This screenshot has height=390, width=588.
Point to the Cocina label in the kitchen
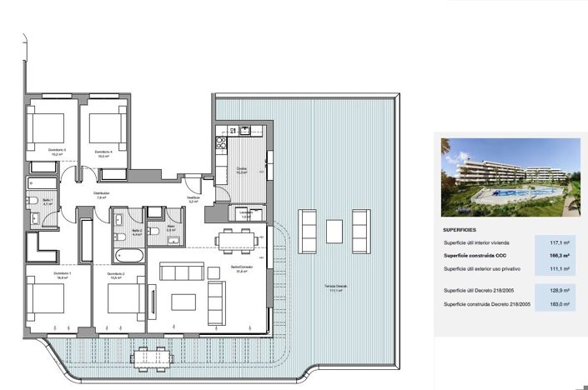tap(241, 169)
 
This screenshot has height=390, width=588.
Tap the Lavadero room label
tap(246, 213)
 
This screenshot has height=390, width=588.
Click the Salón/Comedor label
tap(242, 269)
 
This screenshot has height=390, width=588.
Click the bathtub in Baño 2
tap(128, 255)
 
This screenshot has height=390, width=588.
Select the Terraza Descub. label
tap(336, 287)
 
